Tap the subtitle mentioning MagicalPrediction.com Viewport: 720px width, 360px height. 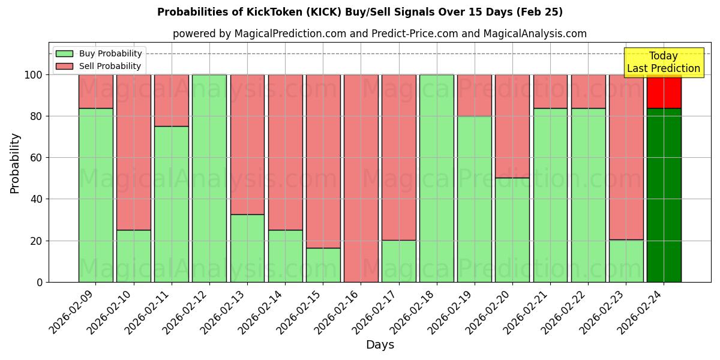[379, 34]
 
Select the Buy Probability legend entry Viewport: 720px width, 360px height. [110, 53]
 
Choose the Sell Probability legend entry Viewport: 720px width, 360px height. [110, 66]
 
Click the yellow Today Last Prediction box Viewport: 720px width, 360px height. [663, 62]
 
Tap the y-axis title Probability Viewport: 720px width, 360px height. [15, 163]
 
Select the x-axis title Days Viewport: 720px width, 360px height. [380, 345]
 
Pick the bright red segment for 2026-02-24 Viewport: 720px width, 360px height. [664, 91]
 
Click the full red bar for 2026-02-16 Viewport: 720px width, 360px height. [361, 178]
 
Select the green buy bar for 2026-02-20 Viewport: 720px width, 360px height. [512, 230]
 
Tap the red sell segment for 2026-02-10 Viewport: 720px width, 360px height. [133, 152]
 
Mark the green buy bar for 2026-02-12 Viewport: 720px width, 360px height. [209, 178]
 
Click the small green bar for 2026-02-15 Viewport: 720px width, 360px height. [323, 265]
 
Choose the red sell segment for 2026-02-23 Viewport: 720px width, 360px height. [626, 157]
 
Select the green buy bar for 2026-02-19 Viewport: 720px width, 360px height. [475, 199]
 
